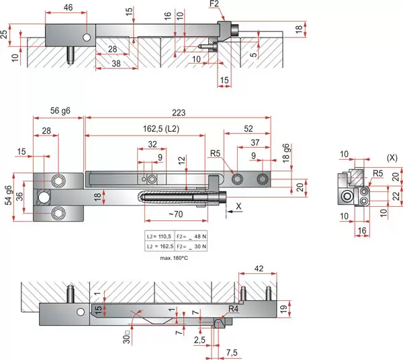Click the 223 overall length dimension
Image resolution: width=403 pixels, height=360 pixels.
pyautogui.click(x=179, y=113)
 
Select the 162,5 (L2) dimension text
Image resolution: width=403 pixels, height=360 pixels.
pyautogui.click(x=161, y=128)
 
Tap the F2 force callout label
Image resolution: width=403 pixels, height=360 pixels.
pyautogui.click(x=214, y=4)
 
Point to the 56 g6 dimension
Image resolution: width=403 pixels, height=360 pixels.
pyautogui.click(x=60, y=111)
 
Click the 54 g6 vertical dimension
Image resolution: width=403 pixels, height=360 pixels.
pyautogui.click(x=8, y=195)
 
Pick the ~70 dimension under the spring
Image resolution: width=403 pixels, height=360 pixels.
pyautogui.click(x=176, y=214)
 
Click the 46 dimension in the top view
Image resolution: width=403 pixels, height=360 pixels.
pyautogui.click(x=68, y=7)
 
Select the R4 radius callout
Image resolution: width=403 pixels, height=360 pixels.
pyautogui.click(x=233, y=308)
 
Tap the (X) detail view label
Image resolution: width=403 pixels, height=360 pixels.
pyautogui.click(x=392, y=158)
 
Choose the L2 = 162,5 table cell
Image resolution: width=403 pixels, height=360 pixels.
pyautogui.click(x=160, y=246)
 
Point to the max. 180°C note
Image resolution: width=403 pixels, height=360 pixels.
pyautogui.click(x=174, y=258)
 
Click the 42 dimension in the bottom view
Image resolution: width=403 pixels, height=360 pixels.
pyautogui.click(x=259, y=269)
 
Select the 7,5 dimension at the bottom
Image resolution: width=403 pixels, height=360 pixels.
pyautogui.click(x=232, y=353)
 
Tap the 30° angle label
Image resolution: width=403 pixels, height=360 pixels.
pyautogui.click(x=127, y=337)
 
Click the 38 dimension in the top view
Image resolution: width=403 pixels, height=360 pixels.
pyautogui.click(x=116, y=63)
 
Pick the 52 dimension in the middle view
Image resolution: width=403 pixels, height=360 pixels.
pyautogui.click(x=249, y=129)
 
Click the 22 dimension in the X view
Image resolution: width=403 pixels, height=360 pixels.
pyautogui.click(x=396, y=195)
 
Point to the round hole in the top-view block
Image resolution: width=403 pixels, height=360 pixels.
pyautogui.click(x=87, y=38)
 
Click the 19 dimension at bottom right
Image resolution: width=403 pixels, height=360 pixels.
pyautogui.click(x=283, y=309)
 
